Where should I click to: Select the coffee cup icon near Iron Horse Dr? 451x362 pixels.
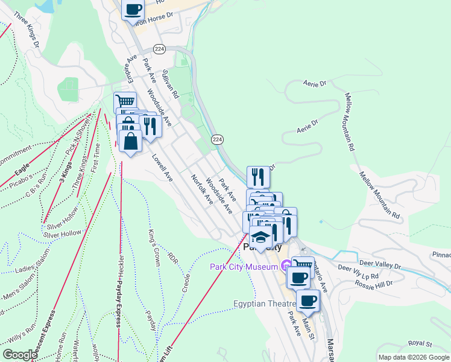pos(134,10)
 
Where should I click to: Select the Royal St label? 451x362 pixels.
pos(420,343)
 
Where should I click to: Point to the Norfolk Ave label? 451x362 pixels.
pos(201,189)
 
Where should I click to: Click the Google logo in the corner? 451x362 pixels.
pos(20,354)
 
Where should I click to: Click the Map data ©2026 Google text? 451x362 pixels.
pos(413,357)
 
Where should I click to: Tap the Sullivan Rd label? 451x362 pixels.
pos(171,83)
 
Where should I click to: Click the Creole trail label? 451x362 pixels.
pos(186,282)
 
